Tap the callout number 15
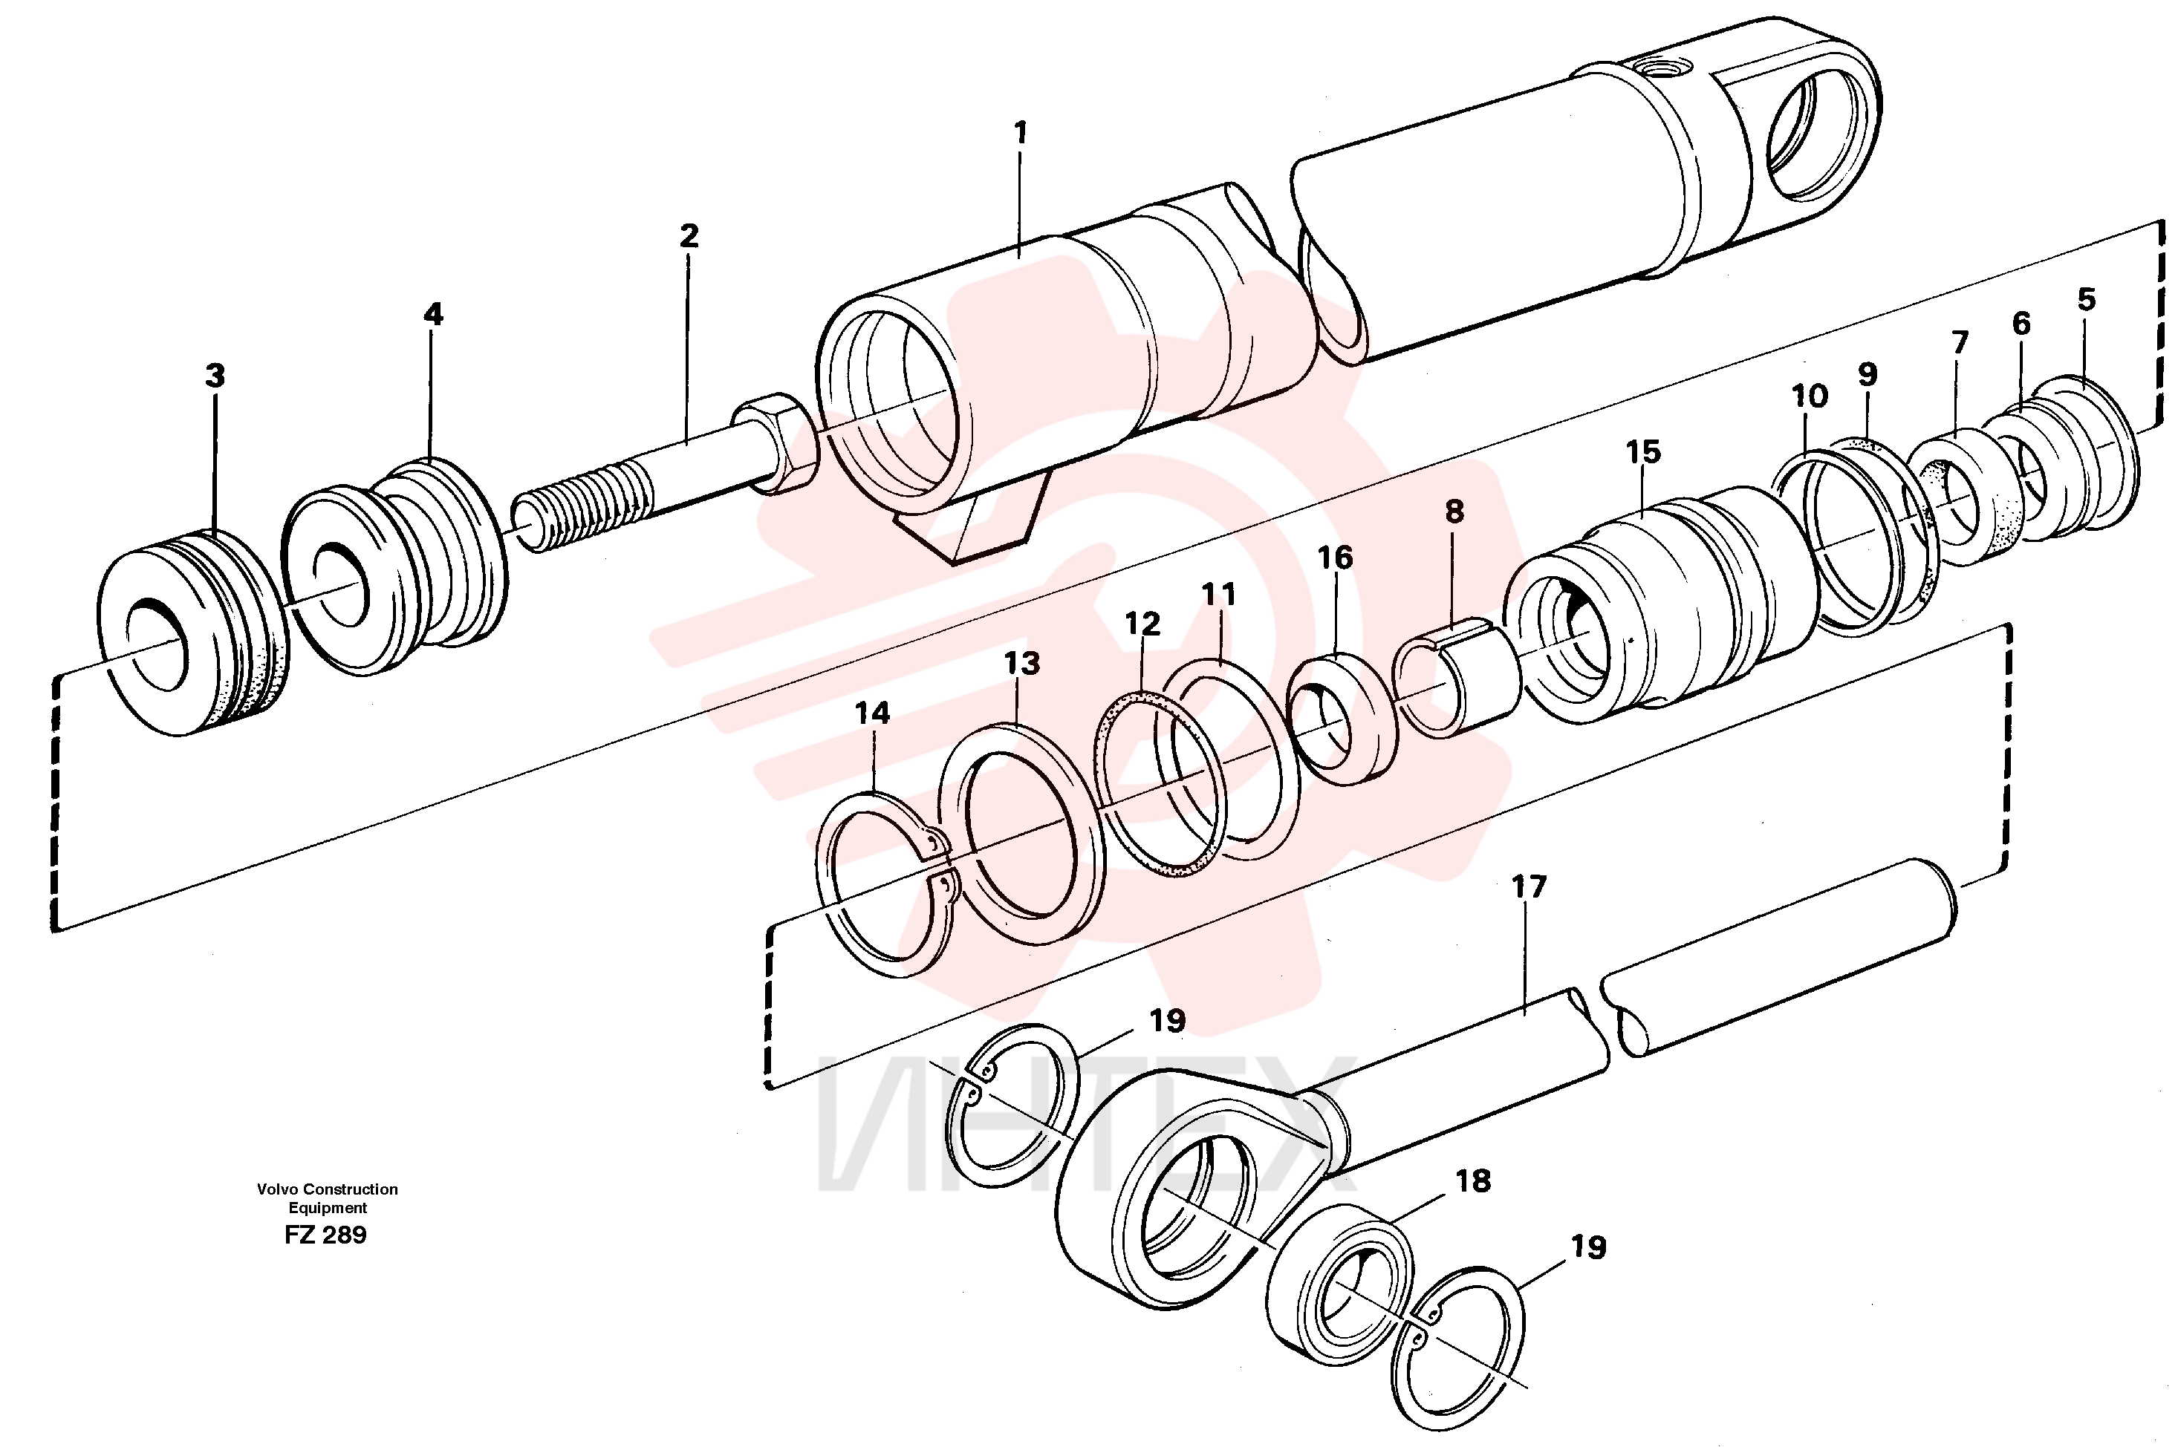[x=1643, y=451]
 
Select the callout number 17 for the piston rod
[x=1529, y=887]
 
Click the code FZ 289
[x=326, y=1235]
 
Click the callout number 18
[x=1474, y=1180]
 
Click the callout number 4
[x=433, y=315]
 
